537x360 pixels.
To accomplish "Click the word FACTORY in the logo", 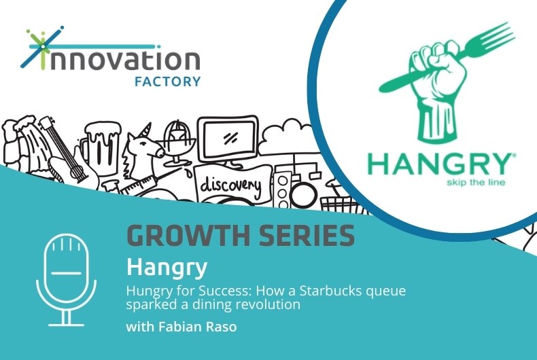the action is (x=167, y=82).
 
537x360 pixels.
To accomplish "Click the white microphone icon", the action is (x=67, y=280).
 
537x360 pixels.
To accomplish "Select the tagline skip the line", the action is (x=476, y=182).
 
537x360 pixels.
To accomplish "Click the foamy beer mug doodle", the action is (x=101, y=145).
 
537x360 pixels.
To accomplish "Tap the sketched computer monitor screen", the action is (x=228, y=139).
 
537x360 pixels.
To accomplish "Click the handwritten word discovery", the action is (x=230, y=185).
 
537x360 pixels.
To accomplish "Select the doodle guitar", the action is (x=65, y=151).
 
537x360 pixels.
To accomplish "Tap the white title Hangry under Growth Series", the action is (x=167, y=268).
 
